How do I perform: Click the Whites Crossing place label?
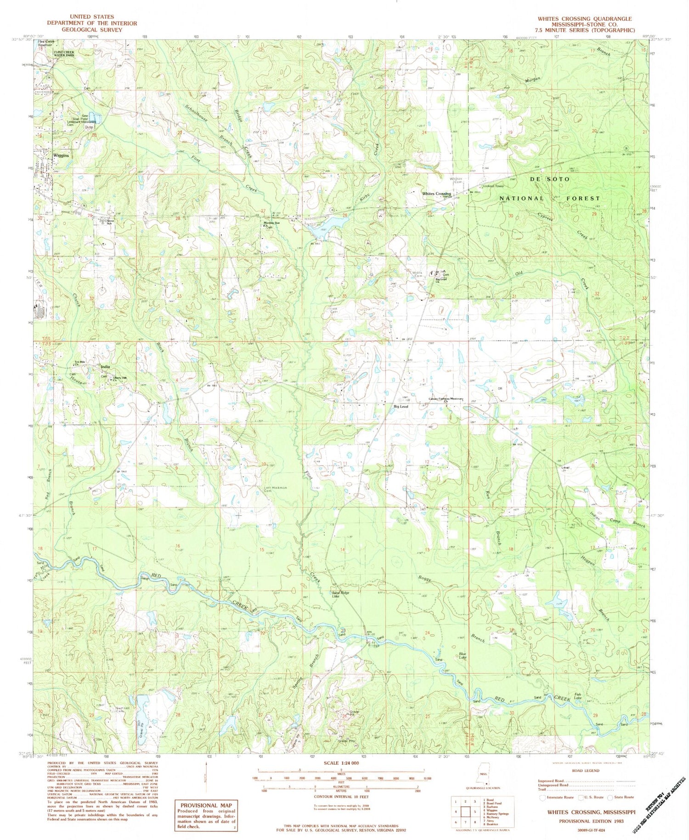click(x=436, y=194)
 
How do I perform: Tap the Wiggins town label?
click(x=60, y=156)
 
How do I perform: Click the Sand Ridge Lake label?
click(x=341, y=594)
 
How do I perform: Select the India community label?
click(x=105, y=367)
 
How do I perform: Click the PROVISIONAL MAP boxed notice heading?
click(x=205, y=805)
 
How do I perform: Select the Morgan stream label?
click(x=533, y=80)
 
